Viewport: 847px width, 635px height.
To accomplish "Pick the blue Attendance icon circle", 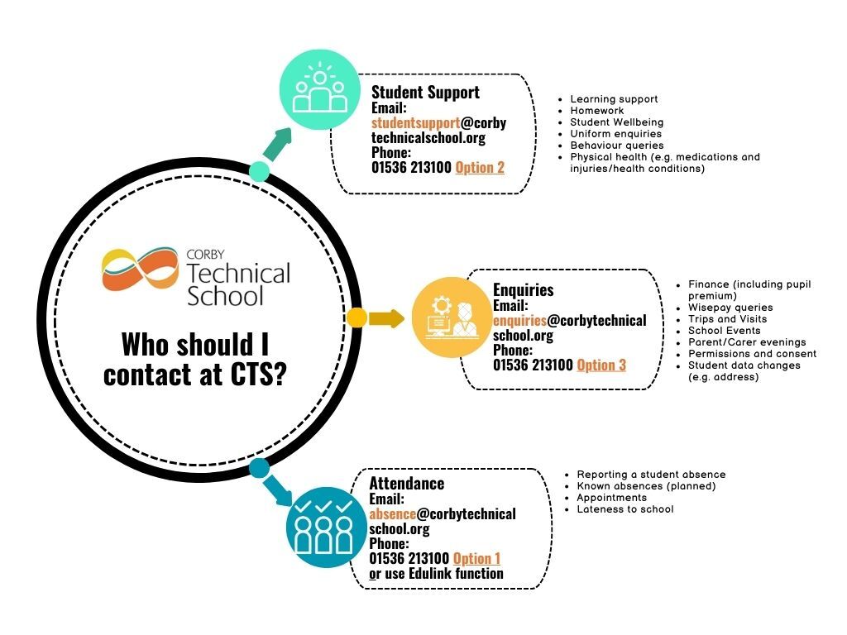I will [324, 526].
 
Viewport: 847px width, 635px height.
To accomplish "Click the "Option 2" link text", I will [480, 167].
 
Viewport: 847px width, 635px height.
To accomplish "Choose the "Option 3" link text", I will [601, 365].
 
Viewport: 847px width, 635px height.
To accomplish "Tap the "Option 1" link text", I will [476, 559].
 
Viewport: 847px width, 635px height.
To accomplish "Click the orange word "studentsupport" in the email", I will [415, 122].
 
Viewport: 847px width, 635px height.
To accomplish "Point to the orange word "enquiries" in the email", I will [520, 320].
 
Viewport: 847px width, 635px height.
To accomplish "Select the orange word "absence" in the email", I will [393, 513].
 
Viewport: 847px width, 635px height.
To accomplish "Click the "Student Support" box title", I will [425, 92].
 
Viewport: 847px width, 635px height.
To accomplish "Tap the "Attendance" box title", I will [406, 484].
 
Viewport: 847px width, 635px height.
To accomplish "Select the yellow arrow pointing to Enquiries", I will [386, 317].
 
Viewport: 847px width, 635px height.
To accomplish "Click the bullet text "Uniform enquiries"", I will [615, 134].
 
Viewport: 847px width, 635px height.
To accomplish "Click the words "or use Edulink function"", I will [436, 574].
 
